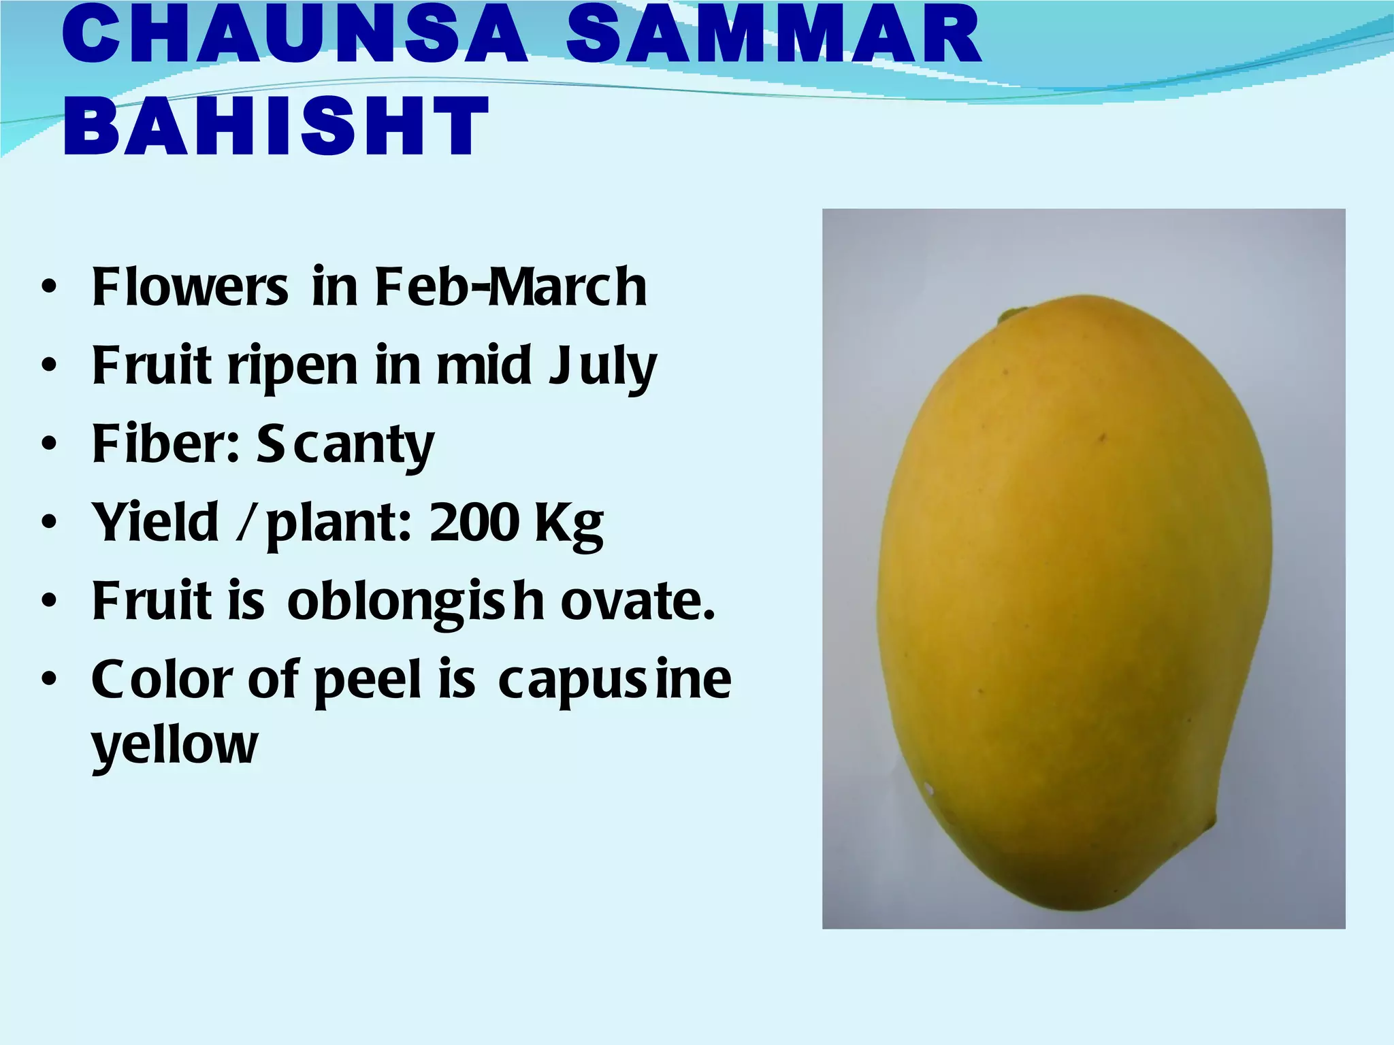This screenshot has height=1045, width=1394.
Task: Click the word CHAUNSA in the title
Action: point(294,34)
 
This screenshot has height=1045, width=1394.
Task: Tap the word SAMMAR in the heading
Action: point(773,34)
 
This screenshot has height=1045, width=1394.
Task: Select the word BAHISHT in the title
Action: point(276,126)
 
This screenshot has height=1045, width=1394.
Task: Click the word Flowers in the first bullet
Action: point(190,286)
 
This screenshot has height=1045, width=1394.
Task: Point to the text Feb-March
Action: point(510,286)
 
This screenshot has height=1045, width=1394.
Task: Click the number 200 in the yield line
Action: point(474,522)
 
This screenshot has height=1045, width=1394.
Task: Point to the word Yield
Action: point(156,522)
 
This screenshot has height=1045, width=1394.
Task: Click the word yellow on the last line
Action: point(175,746)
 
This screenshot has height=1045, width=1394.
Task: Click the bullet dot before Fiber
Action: point(48,444)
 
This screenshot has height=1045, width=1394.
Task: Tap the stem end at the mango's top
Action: point(1014,314)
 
